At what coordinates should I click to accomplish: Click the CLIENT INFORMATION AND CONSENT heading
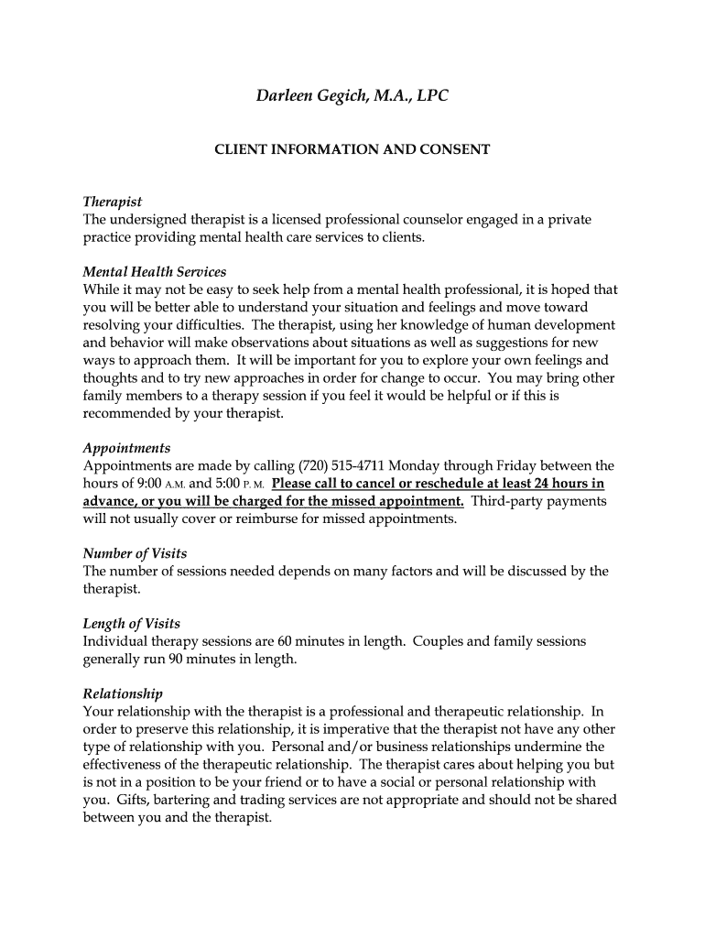[352, 148]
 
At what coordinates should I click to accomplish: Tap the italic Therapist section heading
[113, 202]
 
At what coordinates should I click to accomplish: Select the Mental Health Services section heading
[155, 272]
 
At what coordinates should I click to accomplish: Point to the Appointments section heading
[126, 448]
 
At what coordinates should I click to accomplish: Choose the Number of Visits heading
[135, 553]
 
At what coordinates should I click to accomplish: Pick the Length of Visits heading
[132, 624]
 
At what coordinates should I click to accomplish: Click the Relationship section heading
[123, 693]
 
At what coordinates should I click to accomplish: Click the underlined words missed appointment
[407, 501]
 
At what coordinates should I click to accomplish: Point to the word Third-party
[506, 501]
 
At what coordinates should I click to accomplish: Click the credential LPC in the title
[432, 95]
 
